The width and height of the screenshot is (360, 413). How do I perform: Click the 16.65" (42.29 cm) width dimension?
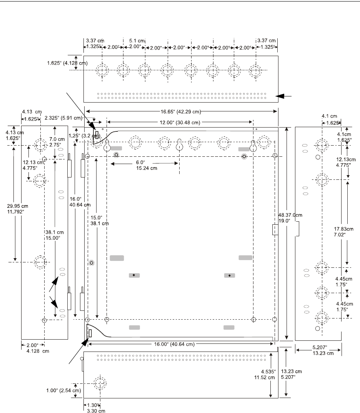(x=181, y=112)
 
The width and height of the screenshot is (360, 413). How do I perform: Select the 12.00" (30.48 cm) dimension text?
(x=180, y=123)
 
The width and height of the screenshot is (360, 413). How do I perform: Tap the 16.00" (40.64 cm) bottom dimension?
(x=174, y=344)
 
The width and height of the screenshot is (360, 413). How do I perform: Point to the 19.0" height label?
(x=284, y=221)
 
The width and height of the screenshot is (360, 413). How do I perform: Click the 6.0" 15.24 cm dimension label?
(x=147, y=166)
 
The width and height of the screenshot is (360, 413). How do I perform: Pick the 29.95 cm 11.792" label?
(x=17, y=209)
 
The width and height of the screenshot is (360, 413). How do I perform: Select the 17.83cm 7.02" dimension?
(x=343, y=232)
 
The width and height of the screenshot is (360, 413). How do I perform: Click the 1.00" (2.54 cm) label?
(x=63, y=390)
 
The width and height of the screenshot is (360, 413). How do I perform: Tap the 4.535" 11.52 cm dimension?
(x=265, y=375)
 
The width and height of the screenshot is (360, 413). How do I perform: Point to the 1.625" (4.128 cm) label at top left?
(x=67, y=63)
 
